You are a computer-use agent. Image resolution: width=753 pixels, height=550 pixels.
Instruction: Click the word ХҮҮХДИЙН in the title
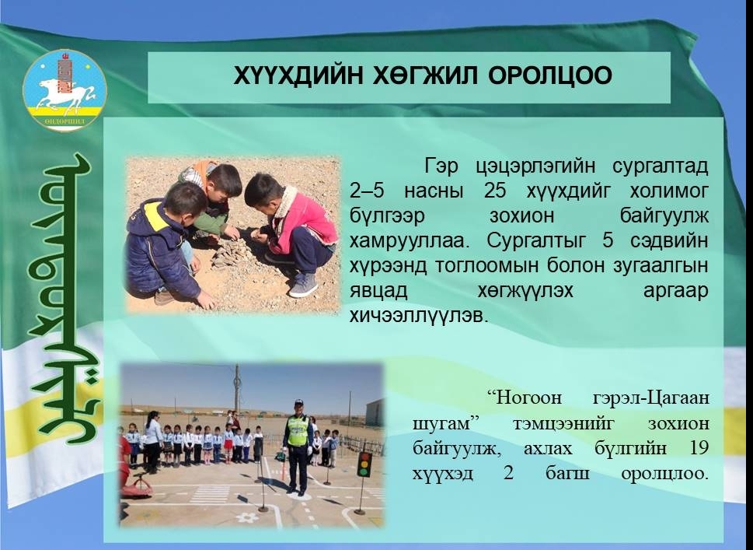[x=298, y=76]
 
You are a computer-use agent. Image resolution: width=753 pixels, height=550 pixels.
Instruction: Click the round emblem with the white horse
[x=64, y=90]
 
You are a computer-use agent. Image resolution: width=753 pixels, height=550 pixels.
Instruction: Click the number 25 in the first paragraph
[x=495, y=191]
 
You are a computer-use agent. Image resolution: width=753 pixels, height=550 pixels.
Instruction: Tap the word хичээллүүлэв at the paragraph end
[x=418, y=316]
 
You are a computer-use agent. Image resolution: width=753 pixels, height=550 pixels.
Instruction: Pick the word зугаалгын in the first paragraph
[x=661, y=266]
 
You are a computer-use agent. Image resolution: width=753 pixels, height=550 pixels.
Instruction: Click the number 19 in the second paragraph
[x=699, y=447]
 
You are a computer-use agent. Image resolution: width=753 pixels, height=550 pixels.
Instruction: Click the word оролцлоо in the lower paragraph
[x=664, y=474]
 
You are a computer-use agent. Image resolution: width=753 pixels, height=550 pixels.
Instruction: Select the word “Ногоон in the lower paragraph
[x=524, y=398]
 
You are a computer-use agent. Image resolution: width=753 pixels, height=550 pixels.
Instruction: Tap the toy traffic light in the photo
[x=364, y=464]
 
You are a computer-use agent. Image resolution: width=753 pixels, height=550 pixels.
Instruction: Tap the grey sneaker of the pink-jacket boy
[x=303, y=285]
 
